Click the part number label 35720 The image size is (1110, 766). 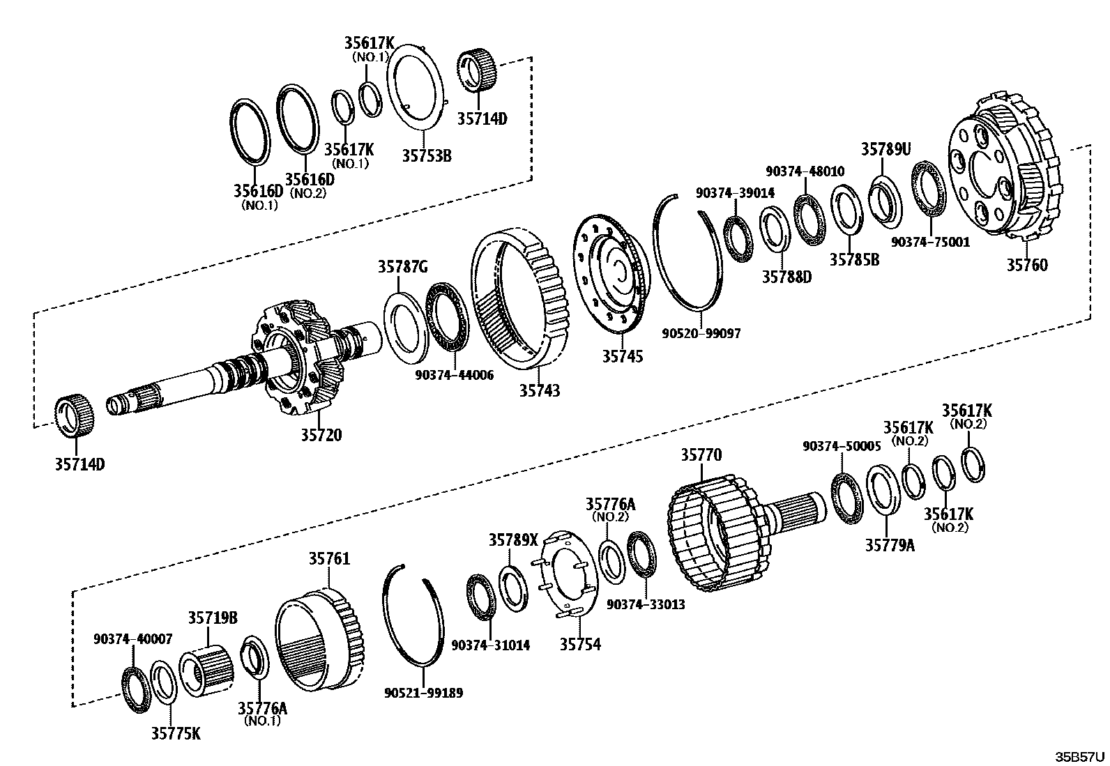pyautogui.click(x=321, y=435)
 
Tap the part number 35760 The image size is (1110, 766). pyautogui.click(x=1027, y=265)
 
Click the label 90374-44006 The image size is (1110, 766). pyautogui.click(x=454, y=375)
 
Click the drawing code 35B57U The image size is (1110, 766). pyautogui.click(x=1079, y=756)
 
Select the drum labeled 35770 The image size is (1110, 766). pyautogui.click(x=718, y=530)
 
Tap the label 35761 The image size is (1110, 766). pyautogui.click(x=329, y=559)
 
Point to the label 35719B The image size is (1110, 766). pyautogui.click(x=213, y=618)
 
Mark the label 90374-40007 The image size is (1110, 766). pyautogui.click(x=132, y=638)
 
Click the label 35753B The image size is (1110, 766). pyautogui.click(x=426, y=155)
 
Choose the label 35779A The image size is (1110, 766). pyautogui.click(x=890, y=545)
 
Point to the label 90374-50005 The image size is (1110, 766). pyautogui.click(x=842, y=446)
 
